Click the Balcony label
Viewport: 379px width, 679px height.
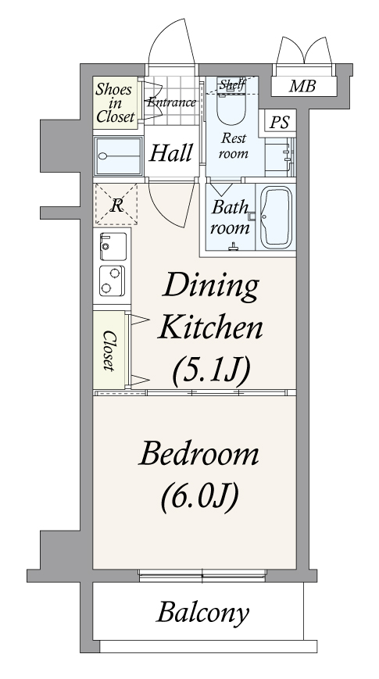pos(202,613)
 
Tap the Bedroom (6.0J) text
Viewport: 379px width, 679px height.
pos(198,475)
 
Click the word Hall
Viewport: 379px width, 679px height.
pos(170,153)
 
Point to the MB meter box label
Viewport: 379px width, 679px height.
pos(302,86)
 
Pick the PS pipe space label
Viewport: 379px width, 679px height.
pos(280,123)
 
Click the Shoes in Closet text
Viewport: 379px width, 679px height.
pos(115,103)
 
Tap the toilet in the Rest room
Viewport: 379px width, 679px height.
pos(231,103)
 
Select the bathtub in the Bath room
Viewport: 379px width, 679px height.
pos(276,216)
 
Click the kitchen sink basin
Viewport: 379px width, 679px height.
pos(113,246)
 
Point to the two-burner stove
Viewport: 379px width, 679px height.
pos(113,281)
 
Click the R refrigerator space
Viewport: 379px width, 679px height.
pos(116,204)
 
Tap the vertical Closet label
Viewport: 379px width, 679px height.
pos(109,351)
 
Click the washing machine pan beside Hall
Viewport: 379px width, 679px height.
pos(118,156)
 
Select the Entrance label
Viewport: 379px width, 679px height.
pos(171,102)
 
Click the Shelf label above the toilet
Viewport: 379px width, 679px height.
pos(232,84)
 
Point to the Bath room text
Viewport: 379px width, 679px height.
pos(231,217)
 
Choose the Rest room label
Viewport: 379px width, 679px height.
pos(234,145)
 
